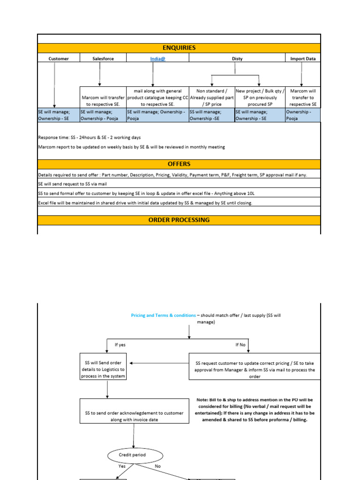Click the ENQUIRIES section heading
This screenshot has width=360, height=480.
click(179, 48)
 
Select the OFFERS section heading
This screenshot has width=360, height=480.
click(179, 164)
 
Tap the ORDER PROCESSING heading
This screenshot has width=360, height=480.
click(179, 220)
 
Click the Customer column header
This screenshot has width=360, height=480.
click(59, 59)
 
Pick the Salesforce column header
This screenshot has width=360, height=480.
click(103, 59)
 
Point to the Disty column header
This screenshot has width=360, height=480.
click(237, 59)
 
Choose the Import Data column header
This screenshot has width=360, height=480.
click(302, 59)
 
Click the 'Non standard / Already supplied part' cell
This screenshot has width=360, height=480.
click(211, 97)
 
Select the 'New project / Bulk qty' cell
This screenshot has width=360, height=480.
click(259, 97)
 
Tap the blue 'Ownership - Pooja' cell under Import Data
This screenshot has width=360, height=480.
click(302, 115)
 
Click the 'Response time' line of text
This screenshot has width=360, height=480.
click(89, 138)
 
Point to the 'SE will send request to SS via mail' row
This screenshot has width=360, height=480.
click(73, 184)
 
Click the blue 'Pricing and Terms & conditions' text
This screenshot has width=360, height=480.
click(163, 315)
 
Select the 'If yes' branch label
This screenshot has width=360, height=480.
click(120, 345)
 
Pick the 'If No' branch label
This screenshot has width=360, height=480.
click(240, 345)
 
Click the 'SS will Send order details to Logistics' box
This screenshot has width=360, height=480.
click(105, 370)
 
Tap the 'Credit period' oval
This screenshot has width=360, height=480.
click(133, 455)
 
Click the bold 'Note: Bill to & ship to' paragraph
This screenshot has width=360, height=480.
click(255, 410)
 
